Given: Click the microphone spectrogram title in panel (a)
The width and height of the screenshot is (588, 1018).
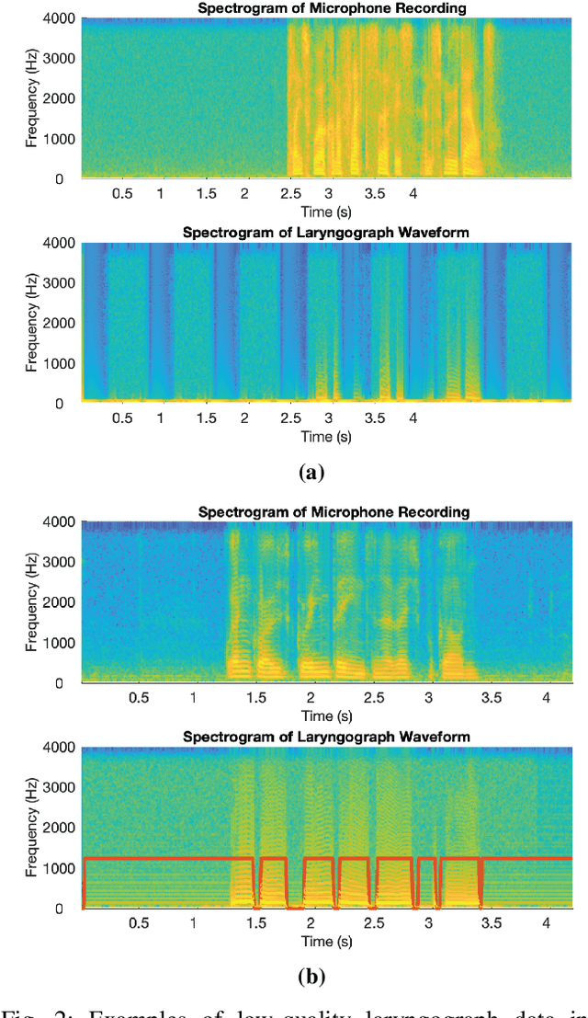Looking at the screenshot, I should (x=325, y=8).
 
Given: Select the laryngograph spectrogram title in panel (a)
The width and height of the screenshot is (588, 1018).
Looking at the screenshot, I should (x=325, y=233).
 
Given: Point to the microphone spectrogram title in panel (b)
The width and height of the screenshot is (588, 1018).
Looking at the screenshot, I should (x=325, y=511).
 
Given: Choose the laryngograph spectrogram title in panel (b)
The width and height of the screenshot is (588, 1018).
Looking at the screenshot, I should (x=325, y=737).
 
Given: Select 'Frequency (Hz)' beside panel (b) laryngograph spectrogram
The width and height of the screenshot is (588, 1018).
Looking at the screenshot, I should (x=31, y=829).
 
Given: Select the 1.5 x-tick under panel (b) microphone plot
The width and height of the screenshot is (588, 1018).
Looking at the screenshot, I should (x=256, y=699).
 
